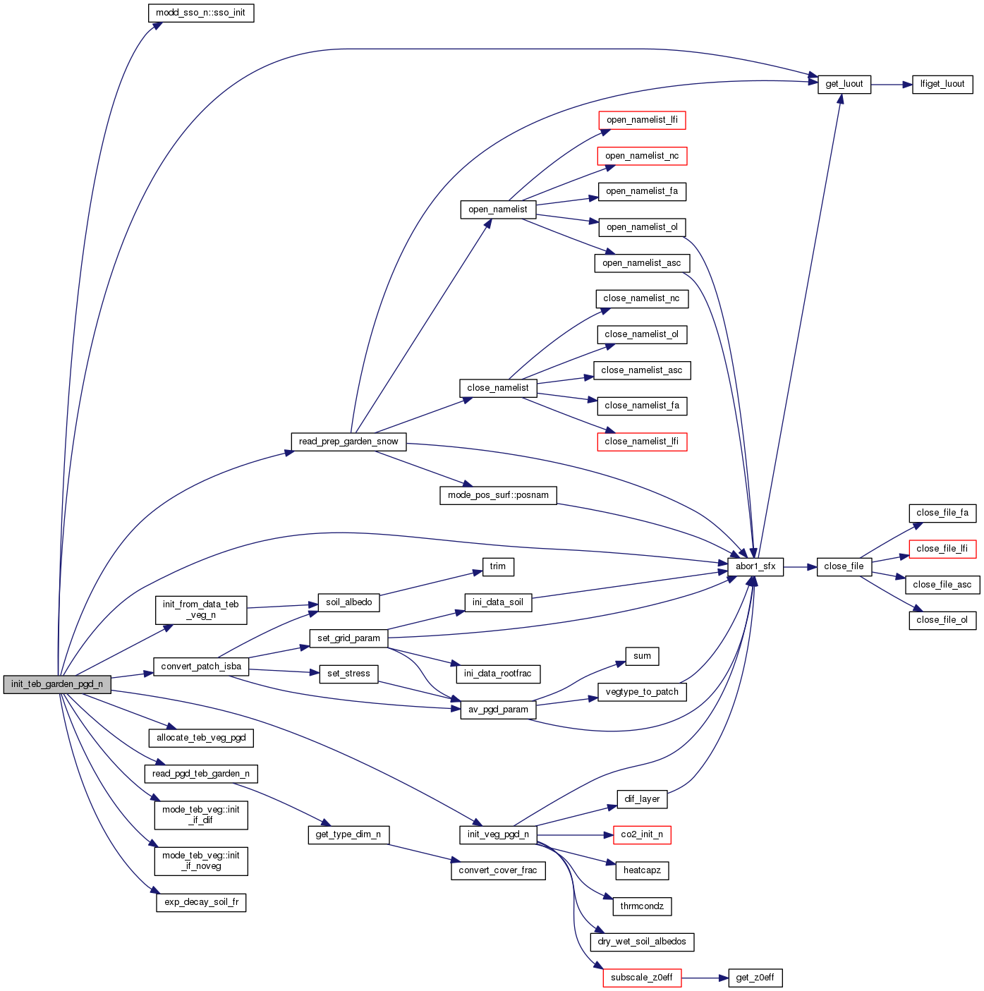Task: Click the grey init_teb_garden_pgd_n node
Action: [x=57, y=684]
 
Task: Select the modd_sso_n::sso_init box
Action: [x=201, y=13]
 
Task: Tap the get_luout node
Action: [x=844, y=84]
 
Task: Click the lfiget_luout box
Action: [x=942, y=84]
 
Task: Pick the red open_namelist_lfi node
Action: [x=642, y=120]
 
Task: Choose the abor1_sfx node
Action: [x=755, y=566]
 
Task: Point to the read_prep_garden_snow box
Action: [x=348, y=442]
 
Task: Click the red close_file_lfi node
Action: [x=942, y=549]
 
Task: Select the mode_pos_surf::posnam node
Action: [x=498, y=495]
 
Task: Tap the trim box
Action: [x=498, y=566]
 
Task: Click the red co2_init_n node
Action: [x=642, y=834]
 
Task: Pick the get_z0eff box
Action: [x=755, y=978]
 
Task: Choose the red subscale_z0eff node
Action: [x=642, y=978]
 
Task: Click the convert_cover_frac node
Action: [x=498, y=870]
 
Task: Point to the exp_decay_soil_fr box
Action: [x=201, y=902]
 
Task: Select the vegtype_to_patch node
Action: [x=642, y=692]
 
